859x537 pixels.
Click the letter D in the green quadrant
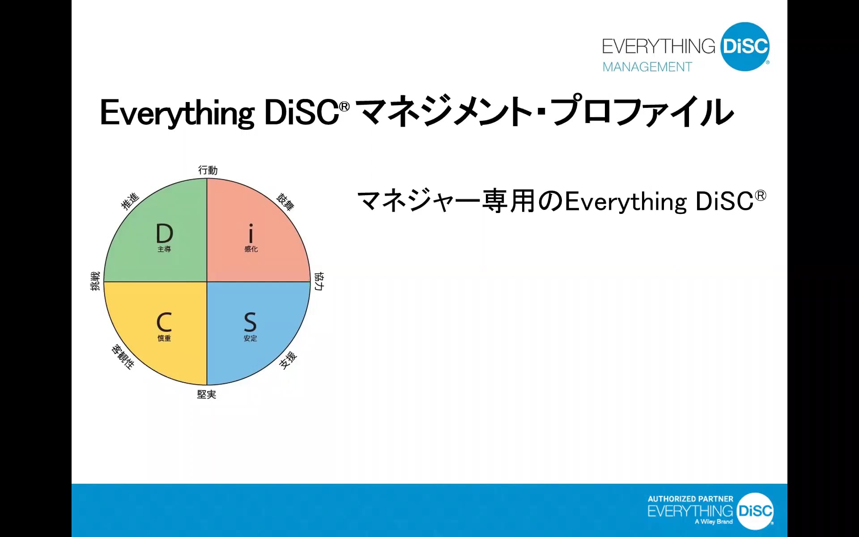click(164, 233)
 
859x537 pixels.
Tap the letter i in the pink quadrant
click(251, 233)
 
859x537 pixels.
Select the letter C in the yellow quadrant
click(164, 322)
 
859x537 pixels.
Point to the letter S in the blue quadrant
click(250, 322)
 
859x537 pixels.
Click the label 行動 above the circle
click(208, 170)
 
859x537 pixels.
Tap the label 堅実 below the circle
click(207, 394)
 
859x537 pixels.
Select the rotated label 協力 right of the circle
click(319, 281)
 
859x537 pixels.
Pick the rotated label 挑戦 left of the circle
click(95, 281)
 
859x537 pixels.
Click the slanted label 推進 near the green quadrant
click(130, 201)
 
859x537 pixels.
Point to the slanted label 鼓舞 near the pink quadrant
click(285, 202)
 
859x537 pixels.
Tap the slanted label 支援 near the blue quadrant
click(288, 360)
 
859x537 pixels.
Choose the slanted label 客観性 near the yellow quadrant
click(123, 357)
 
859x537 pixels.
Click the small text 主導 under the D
click(164, 249)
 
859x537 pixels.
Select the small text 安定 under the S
click(251, 338)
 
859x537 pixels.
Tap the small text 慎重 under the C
click(164, 338)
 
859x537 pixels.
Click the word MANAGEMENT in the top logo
click(647, 67)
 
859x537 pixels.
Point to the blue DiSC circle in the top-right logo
click(745, 47)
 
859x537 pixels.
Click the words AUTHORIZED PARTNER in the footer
click(690, 499)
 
